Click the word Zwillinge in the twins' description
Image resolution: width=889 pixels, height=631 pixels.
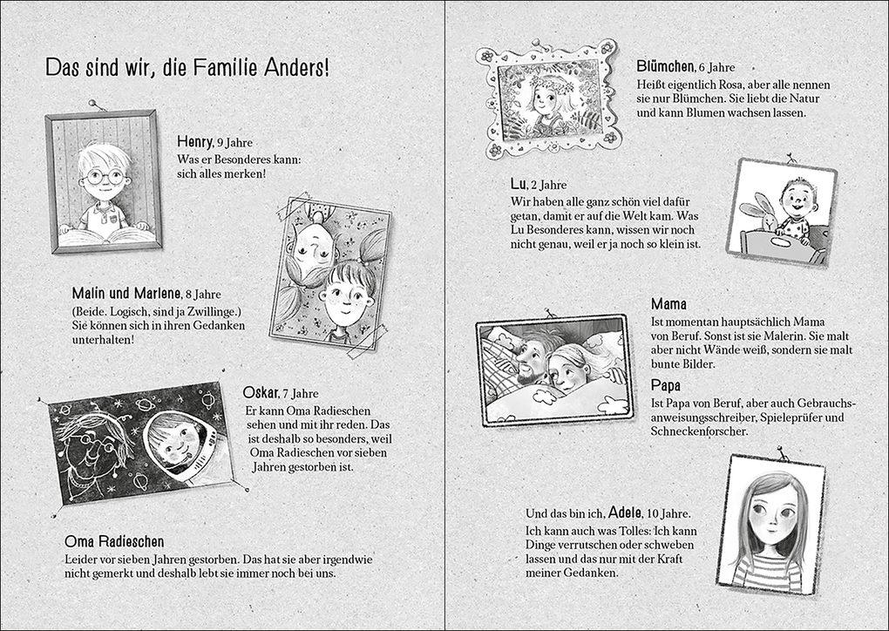(x=195, y=310)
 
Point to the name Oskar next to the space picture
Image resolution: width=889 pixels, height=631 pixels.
(x=261, y=393)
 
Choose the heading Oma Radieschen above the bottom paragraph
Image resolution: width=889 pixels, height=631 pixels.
(x=114, y=541)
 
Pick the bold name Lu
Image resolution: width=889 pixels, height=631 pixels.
(x=519, y=184)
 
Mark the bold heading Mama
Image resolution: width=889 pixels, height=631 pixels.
(x=668, y=304)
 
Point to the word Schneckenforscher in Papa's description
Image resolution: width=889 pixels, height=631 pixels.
(x=700, y=431)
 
